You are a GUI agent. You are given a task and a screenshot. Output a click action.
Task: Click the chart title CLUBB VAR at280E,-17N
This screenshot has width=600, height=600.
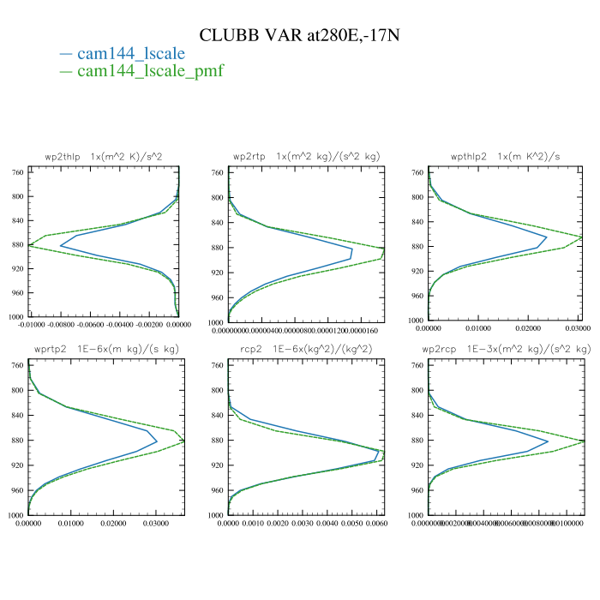click(299, 35)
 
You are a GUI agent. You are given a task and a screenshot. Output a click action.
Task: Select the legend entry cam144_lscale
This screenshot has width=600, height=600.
click(131, 53)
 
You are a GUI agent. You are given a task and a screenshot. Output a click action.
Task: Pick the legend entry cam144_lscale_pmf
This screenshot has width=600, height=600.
click(150, 70)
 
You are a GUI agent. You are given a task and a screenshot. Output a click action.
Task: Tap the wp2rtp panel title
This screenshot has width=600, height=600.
click(306, 157)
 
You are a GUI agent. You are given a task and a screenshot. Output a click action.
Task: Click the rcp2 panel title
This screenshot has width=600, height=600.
click(306, 350)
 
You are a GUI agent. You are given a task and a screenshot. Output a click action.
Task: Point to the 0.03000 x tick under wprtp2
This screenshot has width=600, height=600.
click(155, 521)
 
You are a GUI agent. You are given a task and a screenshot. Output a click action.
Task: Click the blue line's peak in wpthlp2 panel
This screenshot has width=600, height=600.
click(546, 237)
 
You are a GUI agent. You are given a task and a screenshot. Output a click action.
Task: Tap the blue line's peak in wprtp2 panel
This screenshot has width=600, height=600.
click(157, 441)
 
